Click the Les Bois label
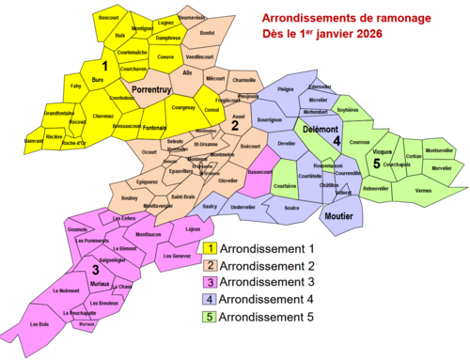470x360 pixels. click(39, 325)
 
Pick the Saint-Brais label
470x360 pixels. click(183, 196)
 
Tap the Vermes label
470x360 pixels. click(423, 191)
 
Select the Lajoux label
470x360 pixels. click(193, 228)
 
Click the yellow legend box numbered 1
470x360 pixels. click(211, 248)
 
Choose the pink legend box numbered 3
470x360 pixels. click(211, 283)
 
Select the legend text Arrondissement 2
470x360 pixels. click(267, 266)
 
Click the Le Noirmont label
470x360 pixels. click(66, 291)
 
